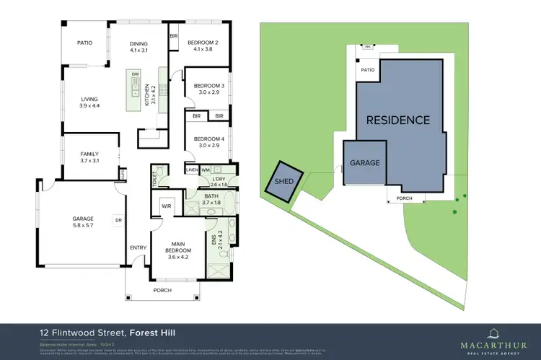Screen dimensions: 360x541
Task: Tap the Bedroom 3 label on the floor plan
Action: (x=206, y=89)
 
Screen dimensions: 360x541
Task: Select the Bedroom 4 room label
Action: (x=206, y=143)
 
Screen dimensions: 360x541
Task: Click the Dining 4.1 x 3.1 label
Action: (x=138, y=47)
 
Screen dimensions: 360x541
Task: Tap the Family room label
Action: (x=89, y=157)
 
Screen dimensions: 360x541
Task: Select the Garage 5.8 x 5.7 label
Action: (x=83, y=221)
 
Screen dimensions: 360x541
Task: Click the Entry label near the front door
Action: (x=138, y=247)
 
